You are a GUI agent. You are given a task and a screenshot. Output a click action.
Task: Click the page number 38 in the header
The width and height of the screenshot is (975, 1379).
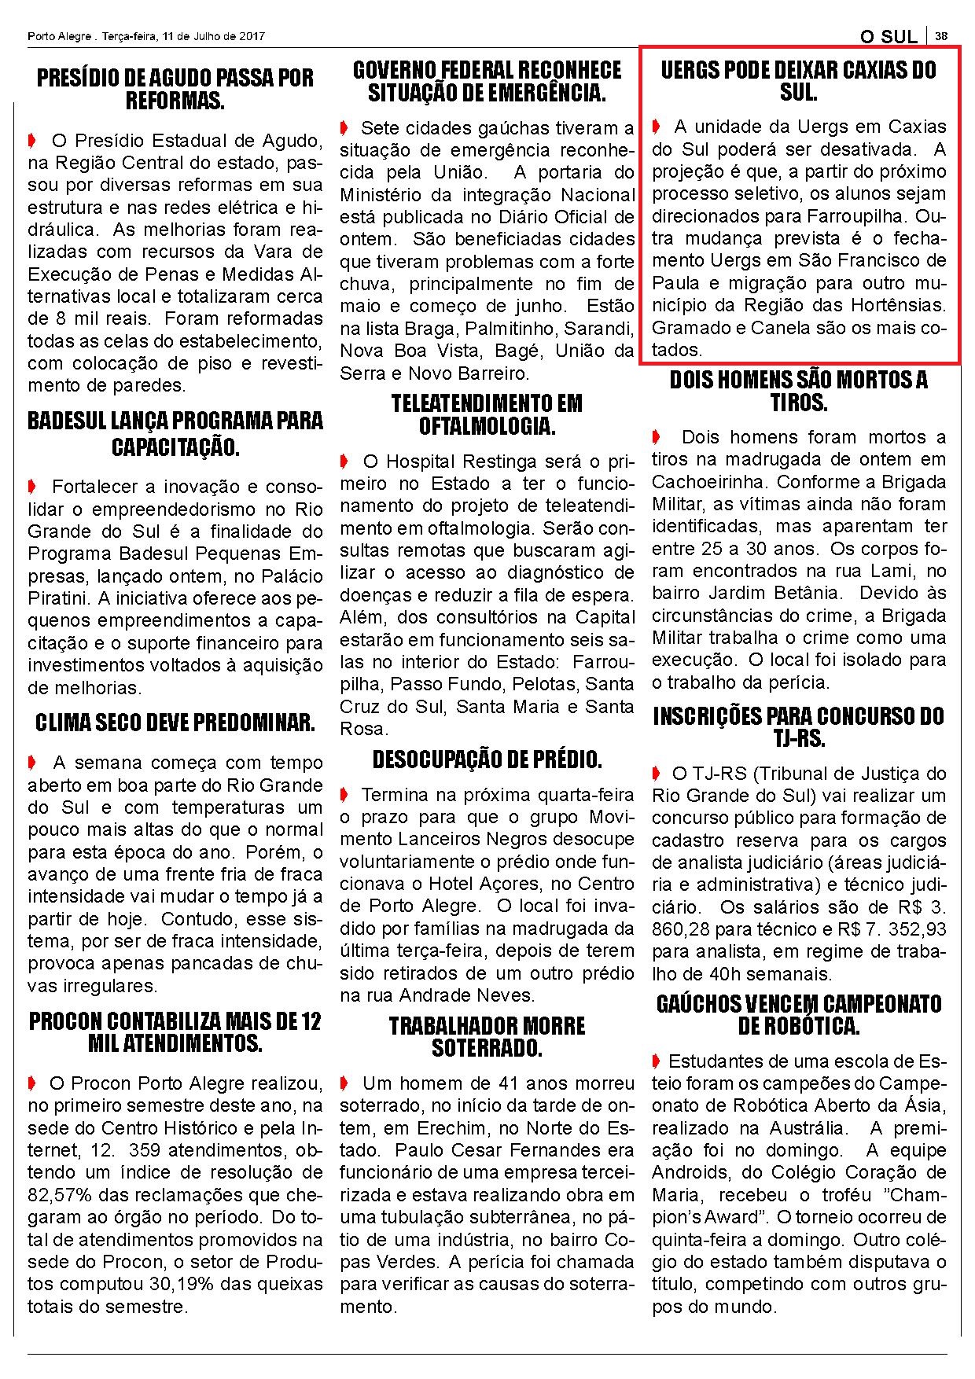click(x=941, y=36)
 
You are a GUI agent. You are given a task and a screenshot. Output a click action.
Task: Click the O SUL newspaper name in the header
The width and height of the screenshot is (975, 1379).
click(x=889, y=37)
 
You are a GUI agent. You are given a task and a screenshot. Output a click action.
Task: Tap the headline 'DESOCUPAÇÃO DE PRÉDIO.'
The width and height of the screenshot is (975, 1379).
click(x=487, y=760)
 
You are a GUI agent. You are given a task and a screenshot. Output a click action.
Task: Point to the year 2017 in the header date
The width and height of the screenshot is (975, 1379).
click(x=250, y=36)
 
